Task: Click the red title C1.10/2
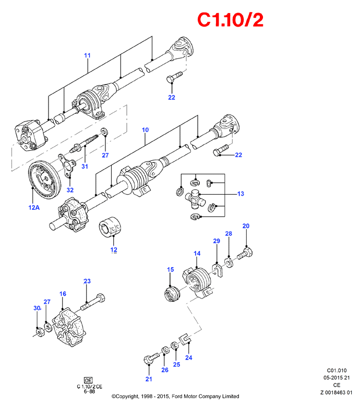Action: [230, 20]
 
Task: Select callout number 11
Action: [88, 55]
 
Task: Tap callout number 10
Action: [146, 130]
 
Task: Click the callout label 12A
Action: [34, 207]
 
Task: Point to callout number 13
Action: [241, 194]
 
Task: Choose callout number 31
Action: [85, 166]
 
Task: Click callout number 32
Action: [70, 190]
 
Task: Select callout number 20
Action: [246, 226]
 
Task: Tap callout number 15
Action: [171, 270]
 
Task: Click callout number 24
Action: [189, 357]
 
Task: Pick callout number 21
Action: [149, 379]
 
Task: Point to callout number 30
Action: [37, 308]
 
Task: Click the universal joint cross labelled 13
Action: [195, 199]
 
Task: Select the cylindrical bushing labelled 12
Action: [110, 226]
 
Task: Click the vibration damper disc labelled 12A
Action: [44, 180]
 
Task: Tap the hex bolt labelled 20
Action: [245, 254]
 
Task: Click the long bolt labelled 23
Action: [93, 302]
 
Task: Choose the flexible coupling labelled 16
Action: [69, 327]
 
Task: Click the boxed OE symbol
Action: [88, 380]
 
